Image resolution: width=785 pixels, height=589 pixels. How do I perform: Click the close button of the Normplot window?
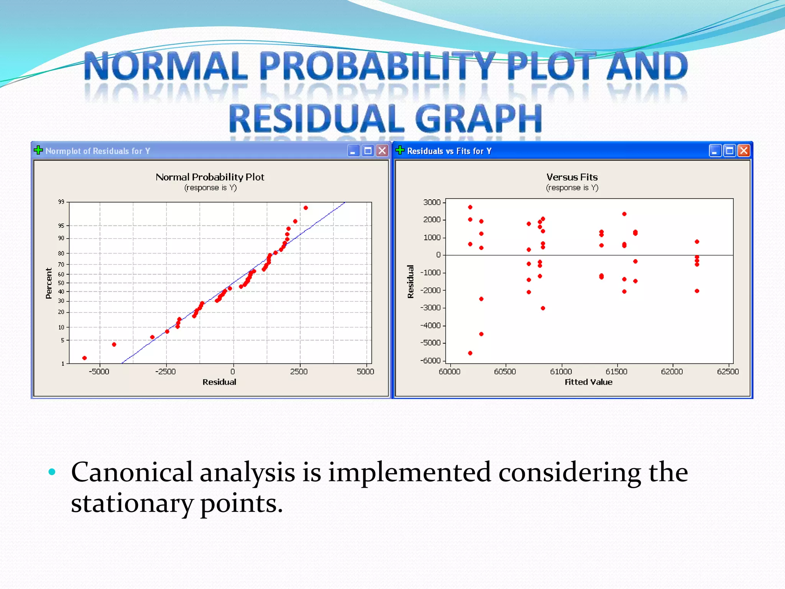click(382, 151)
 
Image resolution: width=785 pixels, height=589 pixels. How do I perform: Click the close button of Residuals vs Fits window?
click(744, 151)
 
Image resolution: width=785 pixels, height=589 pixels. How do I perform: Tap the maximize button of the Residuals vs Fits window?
click(729, 151)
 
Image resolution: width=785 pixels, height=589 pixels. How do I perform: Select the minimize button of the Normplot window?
click(353, 151)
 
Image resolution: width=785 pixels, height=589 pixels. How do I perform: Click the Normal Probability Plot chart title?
click(210, 177)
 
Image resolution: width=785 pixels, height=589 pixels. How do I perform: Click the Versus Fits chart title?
click(572, 177)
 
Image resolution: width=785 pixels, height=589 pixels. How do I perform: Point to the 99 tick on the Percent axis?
click(61, 202)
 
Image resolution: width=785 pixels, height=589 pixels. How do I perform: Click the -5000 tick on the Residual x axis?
click(99, 372)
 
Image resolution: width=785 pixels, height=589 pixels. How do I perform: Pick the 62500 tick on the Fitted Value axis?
click(728, 372)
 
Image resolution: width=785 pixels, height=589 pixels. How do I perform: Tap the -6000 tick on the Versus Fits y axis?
click(430, 360)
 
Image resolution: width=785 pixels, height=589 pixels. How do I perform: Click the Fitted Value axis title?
click(588, 382)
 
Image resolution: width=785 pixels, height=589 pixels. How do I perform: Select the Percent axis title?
click(49, 283)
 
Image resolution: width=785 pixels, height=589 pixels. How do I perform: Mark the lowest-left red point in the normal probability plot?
click(85, 358)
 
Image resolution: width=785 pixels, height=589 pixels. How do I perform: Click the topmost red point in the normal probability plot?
click(305, 208)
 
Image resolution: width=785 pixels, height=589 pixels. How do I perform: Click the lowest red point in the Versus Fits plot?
click(470, 353)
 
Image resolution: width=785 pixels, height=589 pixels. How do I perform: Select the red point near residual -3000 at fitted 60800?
click(543, 308)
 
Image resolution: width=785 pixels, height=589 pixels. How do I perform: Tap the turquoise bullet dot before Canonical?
click(52, 472)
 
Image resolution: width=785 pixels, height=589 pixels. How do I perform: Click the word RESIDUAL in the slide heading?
click(317, 119)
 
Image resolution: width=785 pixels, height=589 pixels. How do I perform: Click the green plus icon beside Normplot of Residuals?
click(38, 150)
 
